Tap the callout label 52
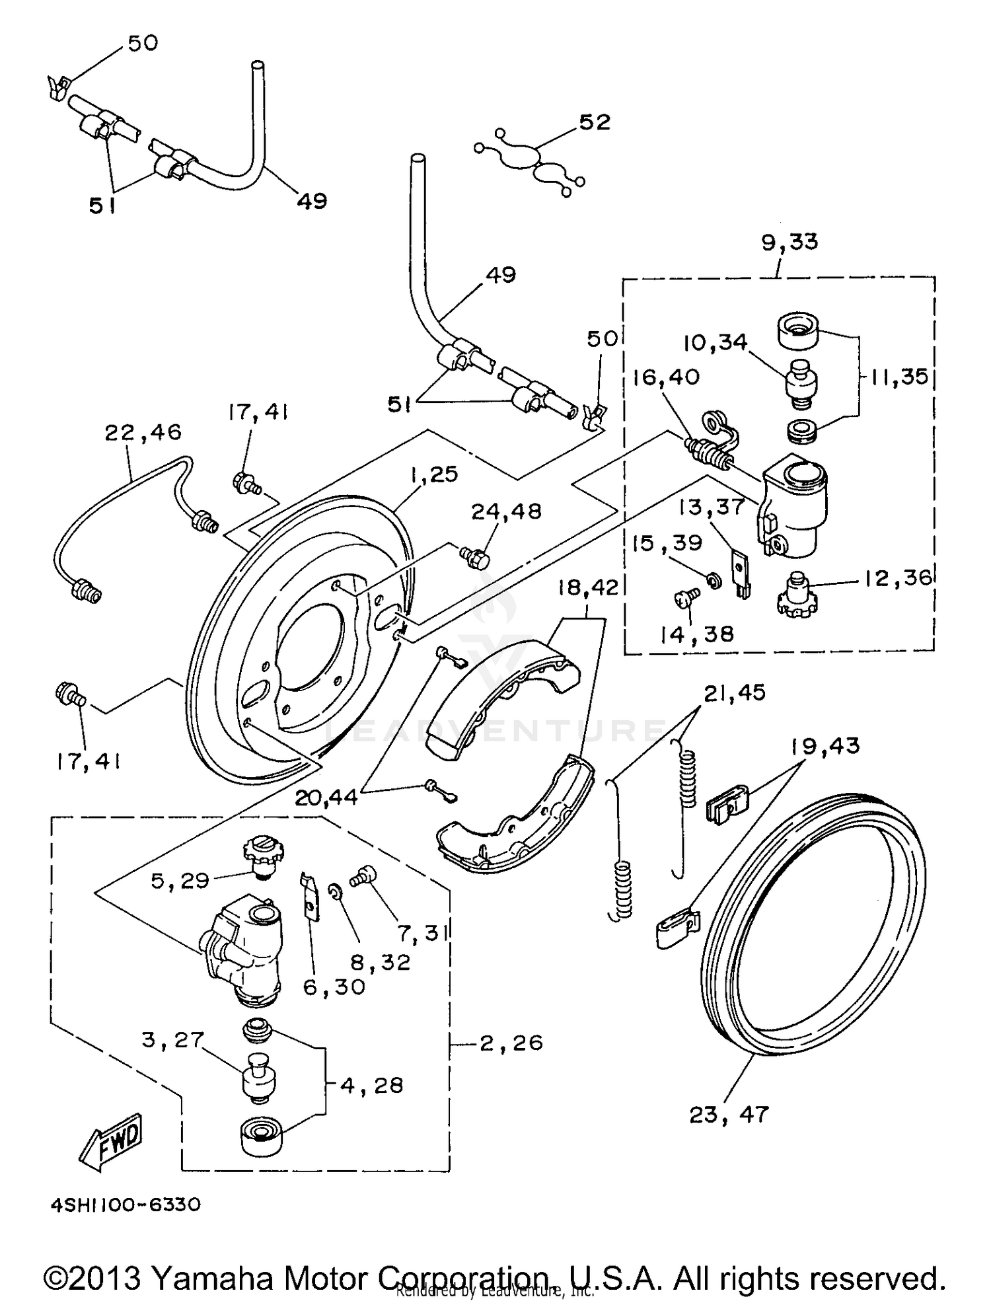pyautogui.click(x=595, y=122)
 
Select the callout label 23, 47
pyautogui.click(x=729, y=1115)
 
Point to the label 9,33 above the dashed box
pyautogui.click(x=789, y=242)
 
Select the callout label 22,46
pyautogui.click(x=143, y=433)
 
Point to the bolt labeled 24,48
pyautogui.click(x=476, y=557)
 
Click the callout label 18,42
pyautogui.click(x=587, y=587)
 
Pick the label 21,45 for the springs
pyautogui.click(x=734, y=693)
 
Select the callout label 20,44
pyautogui.click(x=326, y=798)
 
